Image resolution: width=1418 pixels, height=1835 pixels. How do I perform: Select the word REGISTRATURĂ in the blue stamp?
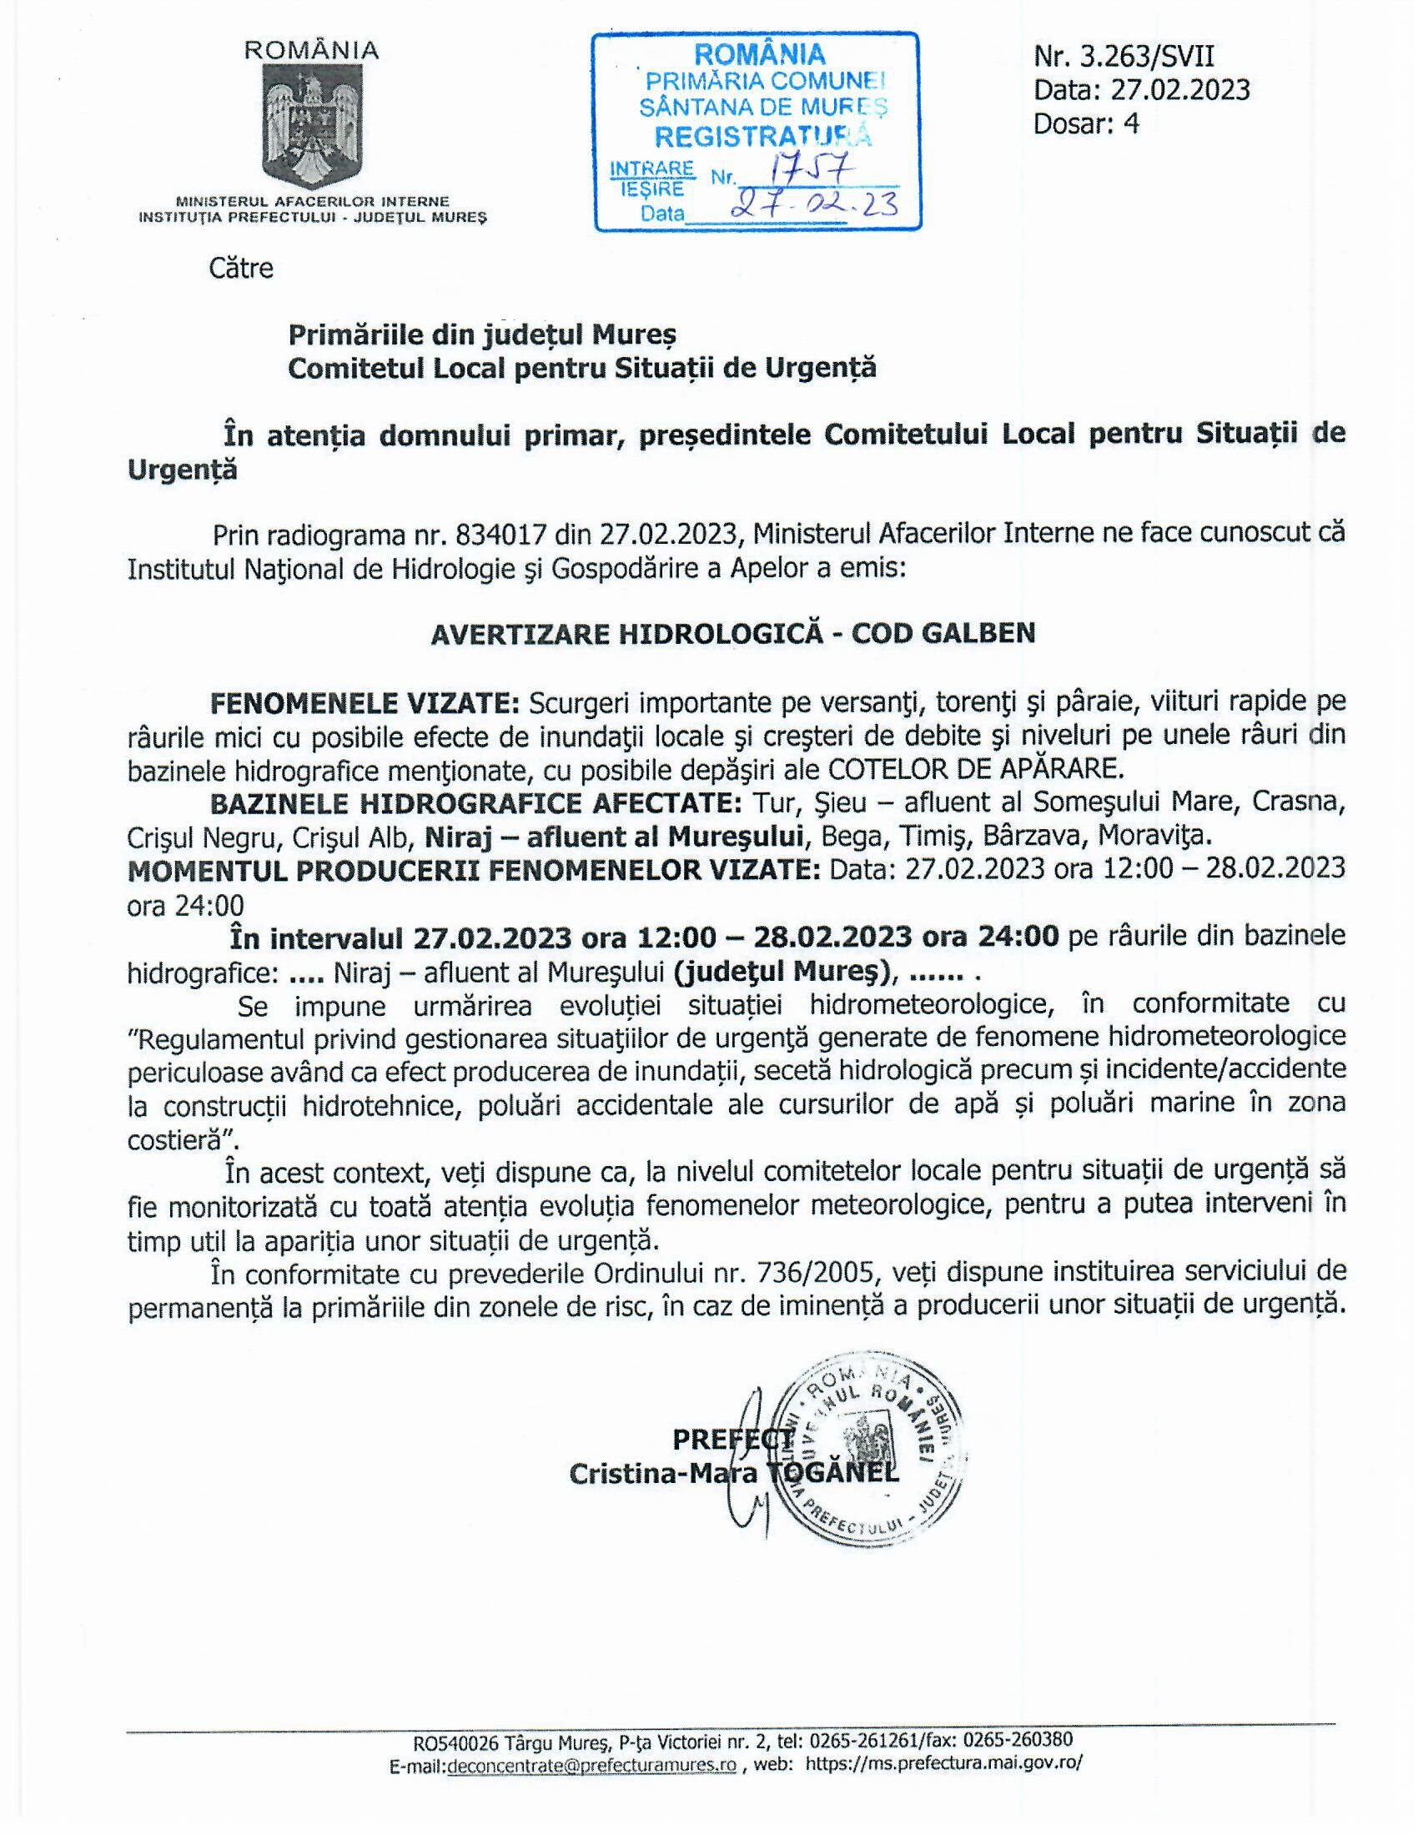(x=762, y=135)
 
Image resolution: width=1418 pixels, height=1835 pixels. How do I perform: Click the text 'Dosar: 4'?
(x=1085, y=123)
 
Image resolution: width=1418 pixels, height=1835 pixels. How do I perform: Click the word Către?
(x=241, y=269)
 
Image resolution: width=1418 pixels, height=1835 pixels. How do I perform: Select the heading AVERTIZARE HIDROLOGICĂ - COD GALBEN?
(x=732, y=634)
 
